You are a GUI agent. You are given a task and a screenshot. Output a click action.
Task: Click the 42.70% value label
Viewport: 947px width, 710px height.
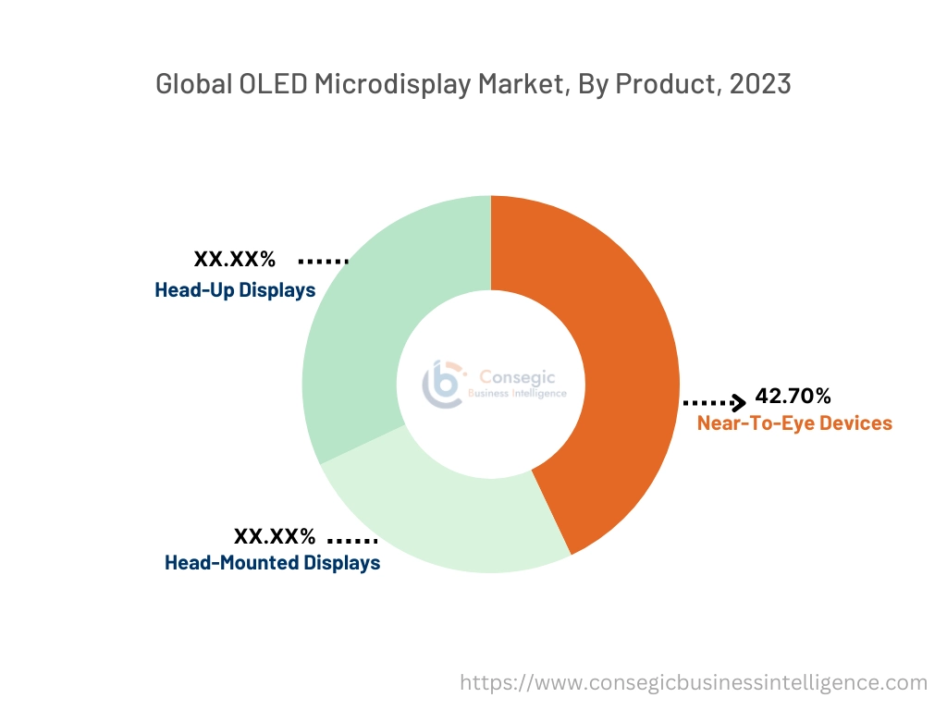(x=793, y=397)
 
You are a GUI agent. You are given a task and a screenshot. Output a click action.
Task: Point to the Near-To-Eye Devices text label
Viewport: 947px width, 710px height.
(x=794, y=423)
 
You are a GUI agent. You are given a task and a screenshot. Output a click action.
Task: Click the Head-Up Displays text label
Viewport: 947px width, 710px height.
(x=235, y=290)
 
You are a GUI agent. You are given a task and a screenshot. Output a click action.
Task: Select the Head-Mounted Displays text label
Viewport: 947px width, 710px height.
(x=272, y=562)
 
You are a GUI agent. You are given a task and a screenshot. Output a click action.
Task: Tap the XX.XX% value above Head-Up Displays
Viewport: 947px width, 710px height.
(x=234, y=260)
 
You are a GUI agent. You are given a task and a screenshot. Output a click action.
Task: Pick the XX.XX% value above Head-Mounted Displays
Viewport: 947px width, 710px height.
(x=275, y=536)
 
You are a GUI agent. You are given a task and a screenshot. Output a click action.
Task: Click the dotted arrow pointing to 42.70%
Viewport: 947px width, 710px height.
(x=714, y=402)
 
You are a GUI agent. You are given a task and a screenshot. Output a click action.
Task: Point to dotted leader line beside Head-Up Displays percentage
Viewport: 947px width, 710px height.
(x=323, y=262)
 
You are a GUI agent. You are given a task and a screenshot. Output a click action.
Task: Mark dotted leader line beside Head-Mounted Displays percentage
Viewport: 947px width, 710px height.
(x=352, y=539)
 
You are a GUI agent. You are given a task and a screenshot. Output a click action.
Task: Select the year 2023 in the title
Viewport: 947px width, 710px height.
(x=759, y=84)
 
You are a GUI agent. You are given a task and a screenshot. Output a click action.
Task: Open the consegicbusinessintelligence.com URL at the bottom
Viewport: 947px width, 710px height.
(x=694, y=683)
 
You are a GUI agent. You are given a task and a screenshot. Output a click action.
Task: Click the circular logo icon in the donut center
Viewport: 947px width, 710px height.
(x=443, y=384)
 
